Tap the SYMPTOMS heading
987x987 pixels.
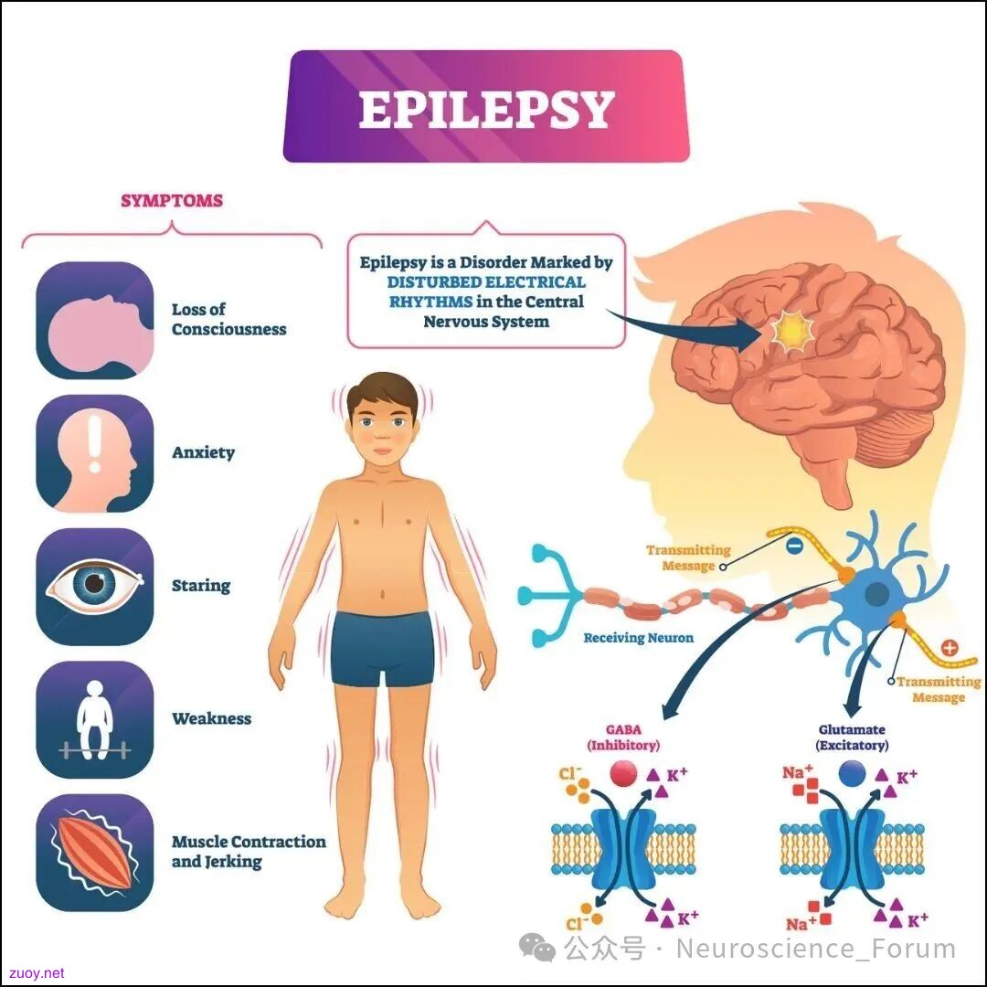(x=172, y=201)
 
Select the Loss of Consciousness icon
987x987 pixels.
(x=95, y=321)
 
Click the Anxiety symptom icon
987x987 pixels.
(x=95, y=453)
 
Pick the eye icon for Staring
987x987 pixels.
(x=95, y=586)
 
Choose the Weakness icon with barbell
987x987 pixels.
(x=95, y=719)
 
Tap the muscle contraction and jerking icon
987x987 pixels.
(x=95, y=853)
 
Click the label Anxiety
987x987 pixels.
(x=203, y=452)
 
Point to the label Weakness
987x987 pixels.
(x=211, y=718)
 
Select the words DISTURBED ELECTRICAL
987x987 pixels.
(x=486, y=282)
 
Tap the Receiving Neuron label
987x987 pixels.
(x=638, y=638)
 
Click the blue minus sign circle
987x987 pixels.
(x=795, y=546)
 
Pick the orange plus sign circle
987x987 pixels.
(x=950, y=648)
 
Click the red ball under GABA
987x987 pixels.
(x=623, y=774)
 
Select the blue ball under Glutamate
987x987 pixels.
(x=853, y=774)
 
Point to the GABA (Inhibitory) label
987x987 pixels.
(x=623, y=738)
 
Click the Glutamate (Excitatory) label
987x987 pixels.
(x=853, y=738)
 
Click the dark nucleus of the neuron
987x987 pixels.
(x=877, y=594)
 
